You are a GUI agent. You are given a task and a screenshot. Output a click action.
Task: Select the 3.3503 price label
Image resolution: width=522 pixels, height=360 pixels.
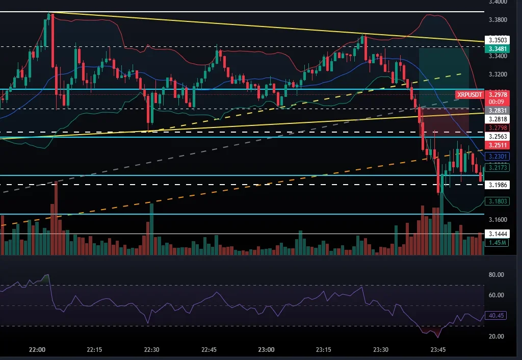497,39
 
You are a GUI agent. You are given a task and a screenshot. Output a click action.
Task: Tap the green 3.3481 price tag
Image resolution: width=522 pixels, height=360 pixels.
497,48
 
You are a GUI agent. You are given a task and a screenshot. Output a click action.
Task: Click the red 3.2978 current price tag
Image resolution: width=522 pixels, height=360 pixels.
497,94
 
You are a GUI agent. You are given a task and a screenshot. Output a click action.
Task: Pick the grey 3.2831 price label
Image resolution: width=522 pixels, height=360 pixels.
497,110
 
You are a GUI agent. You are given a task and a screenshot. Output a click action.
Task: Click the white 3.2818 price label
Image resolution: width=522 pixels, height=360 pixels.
497,119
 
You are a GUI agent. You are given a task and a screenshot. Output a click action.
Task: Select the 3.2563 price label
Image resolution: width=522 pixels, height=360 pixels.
497,137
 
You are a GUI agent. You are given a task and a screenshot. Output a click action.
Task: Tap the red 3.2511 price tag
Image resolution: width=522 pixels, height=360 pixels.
497,145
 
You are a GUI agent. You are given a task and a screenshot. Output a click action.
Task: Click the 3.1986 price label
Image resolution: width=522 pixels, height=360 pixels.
497,185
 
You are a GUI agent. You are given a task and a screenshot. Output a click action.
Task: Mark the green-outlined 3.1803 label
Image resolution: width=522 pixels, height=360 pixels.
497,201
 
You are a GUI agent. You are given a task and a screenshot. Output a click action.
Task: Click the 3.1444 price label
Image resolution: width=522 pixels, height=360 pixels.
497,234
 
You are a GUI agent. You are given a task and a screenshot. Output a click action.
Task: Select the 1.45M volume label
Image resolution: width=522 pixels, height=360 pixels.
497,243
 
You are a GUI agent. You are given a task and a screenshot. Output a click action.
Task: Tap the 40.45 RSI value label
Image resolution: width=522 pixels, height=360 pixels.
497,316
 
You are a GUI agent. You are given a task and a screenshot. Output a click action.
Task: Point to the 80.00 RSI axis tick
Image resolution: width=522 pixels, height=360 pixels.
497,275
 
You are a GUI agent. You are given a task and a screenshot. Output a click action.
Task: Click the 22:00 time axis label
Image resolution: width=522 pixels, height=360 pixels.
37,350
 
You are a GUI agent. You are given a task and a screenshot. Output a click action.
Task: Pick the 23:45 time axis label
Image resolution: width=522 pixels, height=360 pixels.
439,350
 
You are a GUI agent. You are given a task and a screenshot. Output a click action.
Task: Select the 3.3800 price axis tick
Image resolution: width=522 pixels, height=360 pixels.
497,20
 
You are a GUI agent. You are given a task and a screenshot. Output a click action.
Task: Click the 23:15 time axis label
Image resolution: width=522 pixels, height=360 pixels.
324,350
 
